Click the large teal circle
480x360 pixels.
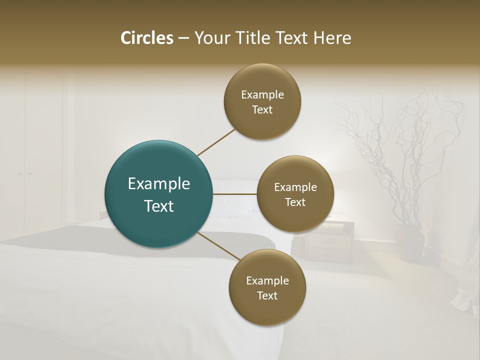pyautogui.click(x=158, y=194)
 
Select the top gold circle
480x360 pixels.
pyautogui.click(x=262, y=102)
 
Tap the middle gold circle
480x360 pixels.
pyautogui.click(x=295, y=194)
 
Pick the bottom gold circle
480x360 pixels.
pyautogui.click(x=267, y=287)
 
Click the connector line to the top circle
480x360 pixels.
pyautogui.click(x=216, y=142)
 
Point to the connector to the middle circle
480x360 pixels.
pyautogui.click(x=234, y=194)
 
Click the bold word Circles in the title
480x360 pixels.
pyautogui.click(x=147, y=38)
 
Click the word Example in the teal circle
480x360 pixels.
pyautogui.click(x=159, y=184)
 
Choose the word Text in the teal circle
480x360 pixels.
pyautogui.click(x=159, y=206)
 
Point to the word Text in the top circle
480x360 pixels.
pyautogui.click(x=262, y=110)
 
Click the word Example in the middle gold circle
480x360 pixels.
pyautogui.click(x=295, y=187)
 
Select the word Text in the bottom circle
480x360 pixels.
pyautogui.click(x=267, y=295)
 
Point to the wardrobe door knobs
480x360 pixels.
pyautogui.click(x=25, y=174)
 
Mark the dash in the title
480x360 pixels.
pyautogui.click(x=183, y=38)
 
